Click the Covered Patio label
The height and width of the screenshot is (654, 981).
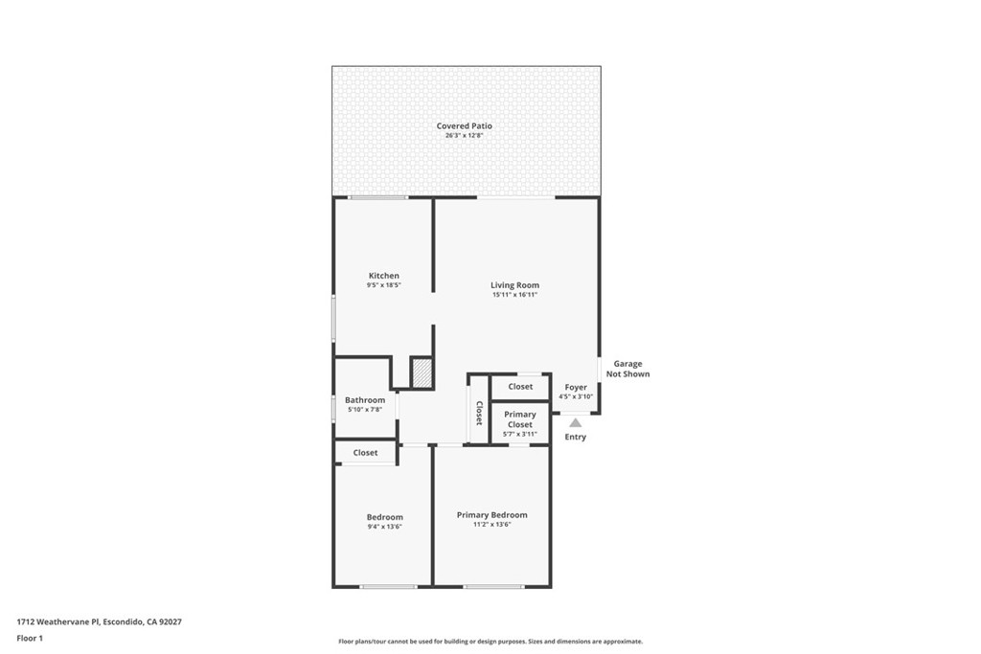[x=465, y=125]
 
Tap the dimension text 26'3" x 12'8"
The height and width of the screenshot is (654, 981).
[x=465, y=136]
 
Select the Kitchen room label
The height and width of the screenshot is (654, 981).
[x=383, y=276]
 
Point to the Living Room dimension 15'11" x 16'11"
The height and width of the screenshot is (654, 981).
[x=514, y=295]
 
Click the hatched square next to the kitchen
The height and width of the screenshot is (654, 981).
[x=422, y=372]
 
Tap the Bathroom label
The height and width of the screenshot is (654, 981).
[x=365, y=400]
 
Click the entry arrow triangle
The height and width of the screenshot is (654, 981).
[x=575, y=421]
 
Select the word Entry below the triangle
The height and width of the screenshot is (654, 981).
[x=575, y=438]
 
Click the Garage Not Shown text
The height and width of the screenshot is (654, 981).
[x=627, y=369]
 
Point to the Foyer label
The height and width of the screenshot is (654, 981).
[x=576, y=387]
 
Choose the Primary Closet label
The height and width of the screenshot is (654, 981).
[x=520, y=419]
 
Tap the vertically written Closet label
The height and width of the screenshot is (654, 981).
[x=478, y=413]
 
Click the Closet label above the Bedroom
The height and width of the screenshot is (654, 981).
[x=365, y=453]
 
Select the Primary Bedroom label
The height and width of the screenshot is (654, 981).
[x=491, y=514]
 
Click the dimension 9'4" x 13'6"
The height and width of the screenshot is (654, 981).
[x=384, y=527]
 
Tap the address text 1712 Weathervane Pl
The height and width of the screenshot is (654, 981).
[x=58, y=621]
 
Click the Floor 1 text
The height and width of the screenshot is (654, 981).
[x=30, y=638]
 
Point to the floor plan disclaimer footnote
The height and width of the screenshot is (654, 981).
[x=490, y=642]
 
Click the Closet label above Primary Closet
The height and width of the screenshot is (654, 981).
[x=520, y=387]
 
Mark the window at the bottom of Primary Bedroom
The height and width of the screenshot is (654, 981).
[x=493, y=586]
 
